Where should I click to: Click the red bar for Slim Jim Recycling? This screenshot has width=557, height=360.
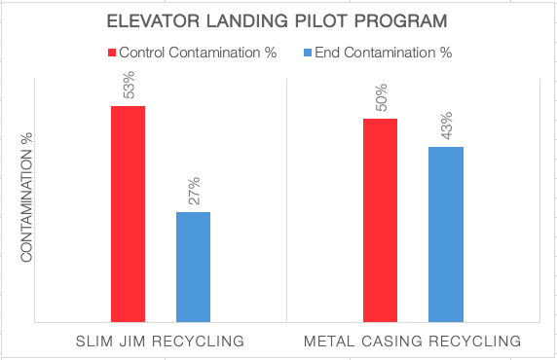(x=128, y=213)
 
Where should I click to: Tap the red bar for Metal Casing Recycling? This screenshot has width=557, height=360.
(x=380, y=219)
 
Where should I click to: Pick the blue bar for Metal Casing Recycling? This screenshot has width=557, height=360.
(x=445, y=234)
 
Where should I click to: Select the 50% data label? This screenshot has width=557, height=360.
(x=381, y=99)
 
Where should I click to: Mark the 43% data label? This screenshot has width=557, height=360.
(x=446, y=127)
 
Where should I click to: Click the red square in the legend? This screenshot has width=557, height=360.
(x=111, y=53)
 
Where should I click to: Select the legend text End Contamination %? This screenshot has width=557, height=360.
(x=387, y=53)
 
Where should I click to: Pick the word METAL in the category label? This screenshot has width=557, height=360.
(x=329, y=342)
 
